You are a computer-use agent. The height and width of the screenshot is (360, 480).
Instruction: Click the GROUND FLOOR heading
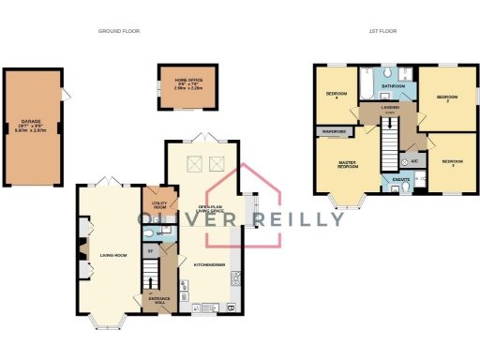click(x=119, y=31)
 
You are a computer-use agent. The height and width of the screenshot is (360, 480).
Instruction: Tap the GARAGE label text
click(x=32, y=125)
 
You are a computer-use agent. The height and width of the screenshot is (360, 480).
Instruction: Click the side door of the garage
click(x=65, y=94)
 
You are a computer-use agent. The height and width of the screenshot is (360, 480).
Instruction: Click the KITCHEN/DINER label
click(x=208, y=264)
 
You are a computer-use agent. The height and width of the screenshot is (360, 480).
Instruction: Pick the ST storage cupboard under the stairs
click(x=150, y=251)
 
